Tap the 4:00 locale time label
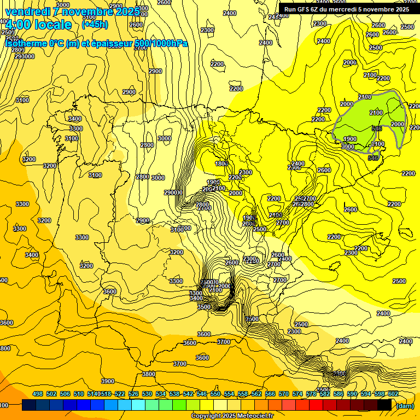pyautogui.click(x=38, y=25)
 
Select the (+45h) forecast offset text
pyautogui.click(x=95, y=25)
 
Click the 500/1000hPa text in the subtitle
pyautogui.click(x=159, y=43)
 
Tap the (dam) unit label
pyautogui.click(x=405, y=405)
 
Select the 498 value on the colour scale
pyautogui.click(x=38, y=394)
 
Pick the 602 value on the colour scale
pyautogui.click(x=393, y=394)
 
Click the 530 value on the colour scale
pyautogui.click(x=147, y=394)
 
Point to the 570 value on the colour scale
pyautogui.click(x=283, y=394)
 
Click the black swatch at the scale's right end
pyautogui.click(x=384, y=405)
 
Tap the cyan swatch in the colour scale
pyautogui.click(x=138, y=405)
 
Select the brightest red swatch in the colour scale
pyautogui.click(x=316, y=405)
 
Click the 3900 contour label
pyautogui.click(x=108, y=381)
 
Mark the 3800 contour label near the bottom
pyautogui.click(x=149, y=374)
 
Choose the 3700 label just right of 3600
pyautogui.click(x=224, y=341)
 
